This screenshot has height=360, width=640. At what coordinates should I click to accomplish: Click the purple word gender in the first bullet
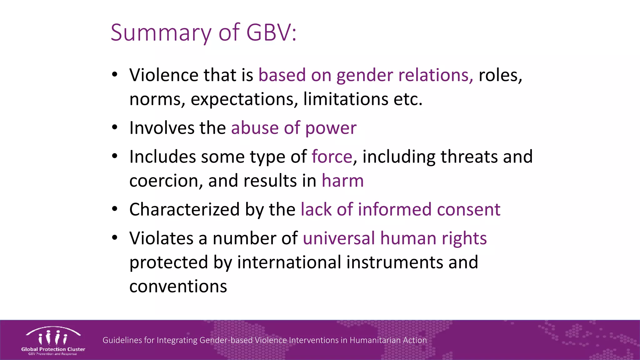pos(364,75)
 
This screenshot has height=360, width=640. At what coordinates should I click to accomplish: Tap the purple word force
pos(332,157)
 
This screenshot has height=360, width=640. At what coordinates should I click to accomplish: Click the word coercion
pos(166,181)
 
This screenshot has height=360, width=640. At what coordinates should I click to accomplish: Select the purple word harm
pos(342,181)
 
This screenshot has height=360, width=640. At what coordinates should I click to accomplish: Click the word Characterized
pos(184,209)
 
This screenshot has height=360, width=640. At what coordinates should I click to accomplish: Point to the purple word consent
pos(468,209)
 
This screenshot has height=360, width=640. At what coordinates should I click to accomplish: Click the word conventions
pos(178,286)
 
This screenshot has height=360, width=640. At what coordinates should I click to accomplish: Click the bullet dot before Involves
pos(115,127)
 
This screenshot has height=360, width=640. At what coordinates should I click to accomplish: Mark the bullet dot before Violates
pos(115,238)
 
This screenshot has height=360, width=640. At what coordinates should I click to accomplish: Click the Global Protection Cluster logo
pos(53,341)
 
